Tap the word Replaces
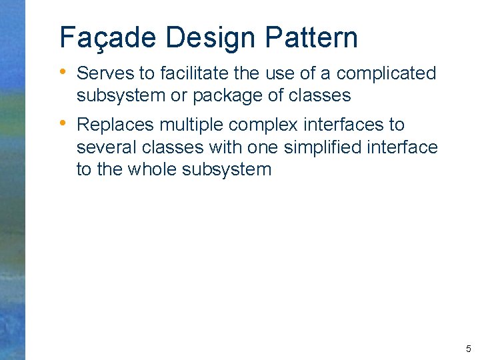(x=116, y=125)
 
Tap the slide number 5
(x=468, y=349)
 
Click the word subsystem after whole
(x=228, y=169)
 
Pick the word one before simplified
(x=262, y=147)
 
